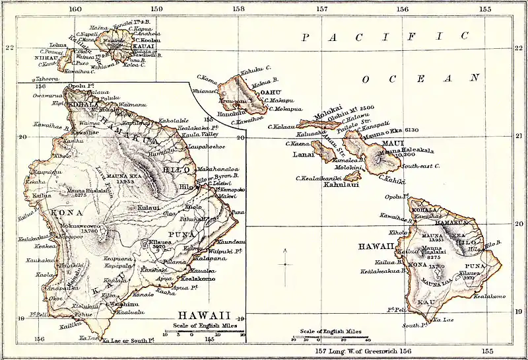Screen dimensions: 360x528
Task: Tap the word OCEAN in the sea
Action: point(420,79)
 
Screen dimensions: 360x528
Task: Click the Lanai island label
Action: point(302,155)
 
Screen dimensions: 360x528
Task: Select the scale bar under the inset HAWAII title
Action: point(205,334)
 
